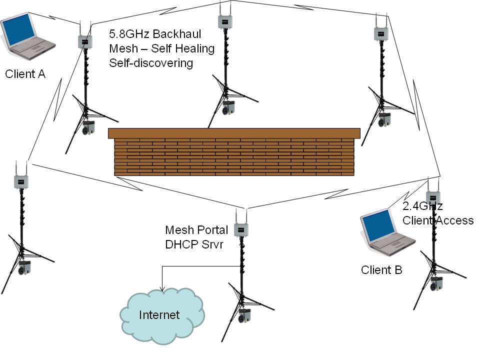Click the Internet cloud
tap(162, 316)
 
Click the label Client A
tap(25, 74)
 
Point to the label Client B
tap(381, 270)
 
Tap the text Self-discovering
tap(151, 63)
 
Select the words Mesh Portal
tap(196, 230)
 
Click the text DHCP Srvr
tap(194, 244)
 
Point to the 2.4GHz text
tap(422, 206)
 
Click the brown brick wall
tap(234, 152)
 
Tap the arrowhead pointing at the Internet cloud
tap(162, 288)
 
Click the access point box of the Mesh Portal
tap(241, 230)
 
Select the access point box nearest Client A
tap(85, 42)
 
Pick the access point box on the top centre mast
tap(225, 21)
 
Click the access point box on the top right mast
tap(381, 34)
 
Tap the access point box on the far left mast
tap(21, 181)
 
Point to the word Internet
tap(159, 315)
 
